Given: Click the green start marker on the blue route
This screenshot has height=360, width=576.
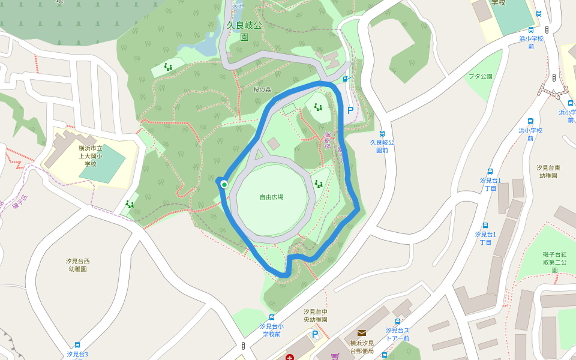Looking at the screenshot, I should click(x=224, y=184).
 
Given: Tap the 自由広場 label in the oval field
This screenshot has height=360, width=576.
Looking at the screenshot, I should click(x=271, y=197).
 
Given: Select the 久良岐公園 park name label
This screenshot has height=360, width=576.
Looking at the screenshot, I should click(x=244, y=31).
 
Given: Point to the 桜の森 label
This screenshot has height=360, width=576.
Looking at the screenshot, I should click(x=262, y=90).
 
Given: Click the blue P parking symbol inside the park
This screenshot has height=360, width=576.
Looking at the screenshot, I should click(x=350, y=110).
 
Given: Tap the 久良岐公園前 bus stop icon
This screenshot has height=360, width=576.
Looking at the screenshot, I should click(x=382, y=134).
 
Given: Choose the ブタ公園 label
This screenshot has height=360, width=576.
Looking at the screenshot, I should click(x=480, y=76).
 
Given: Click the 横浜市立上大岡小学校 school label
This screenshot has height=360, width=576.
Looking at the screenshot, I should click(x=91, y=155).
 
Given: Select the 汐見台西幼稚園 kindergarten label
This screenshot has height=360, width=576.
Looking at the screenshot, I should click(x=78, y=265).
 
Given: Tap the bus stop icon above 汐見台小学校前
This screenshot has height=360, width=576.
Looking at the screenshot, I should click(x=272, y=317).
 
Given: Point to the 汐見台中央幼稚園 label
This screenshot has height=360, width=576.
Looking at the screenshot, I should click(x=316, y=316).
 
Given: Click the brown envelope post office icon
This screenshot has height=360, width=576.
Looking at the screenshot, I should click(x=362, y=332).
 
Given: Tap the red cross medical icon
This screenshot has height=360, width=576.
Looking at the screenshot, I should click(x=290, y=358).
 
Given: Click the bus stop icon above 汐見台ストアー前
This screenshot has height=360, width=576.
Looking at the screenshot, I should click(x=397, y=322).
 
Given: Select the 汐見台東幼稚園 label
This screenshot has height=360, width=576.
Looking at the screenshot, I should click(x=548, y=171).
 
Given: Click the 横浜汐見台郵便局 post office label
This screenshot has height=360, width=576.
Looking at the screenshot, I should click(x=362, y=347).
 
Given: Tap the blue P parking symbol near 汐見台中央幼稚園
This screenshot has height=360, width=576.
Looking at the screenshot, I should click(x=314, y=334).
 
